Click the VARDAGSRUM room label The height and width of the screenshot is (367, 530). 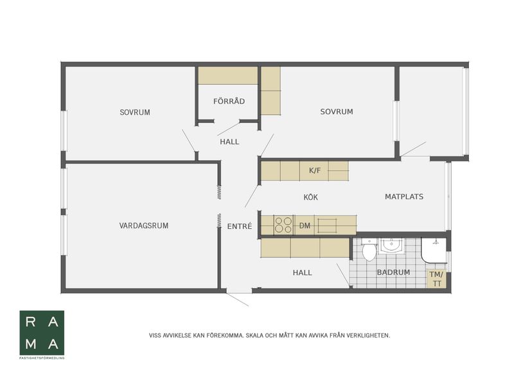[144, 226]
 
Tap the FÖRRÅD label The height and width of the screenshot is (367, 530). [229, 101]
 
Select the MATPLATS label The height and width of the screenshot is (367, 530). [404, 197]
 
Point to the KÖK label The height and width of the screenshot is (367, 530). [311, 197]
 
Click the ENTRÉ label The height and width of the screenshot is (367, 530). [240, 226]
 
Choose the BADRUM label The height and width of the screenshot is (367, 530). [393, 273]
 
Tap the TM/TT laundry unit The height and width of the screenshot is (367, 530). [436, 279]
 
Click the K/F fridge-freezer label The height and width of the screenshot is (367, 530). [315, 170]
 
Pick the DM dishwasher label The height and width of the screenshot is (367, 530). [305, 226]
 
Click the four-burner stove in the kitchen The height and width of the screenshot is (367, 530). [283, 225]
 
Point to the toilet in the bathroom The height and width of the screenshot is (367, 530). [369, 249]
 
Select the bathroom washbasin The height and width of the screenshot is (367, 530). [392, 246]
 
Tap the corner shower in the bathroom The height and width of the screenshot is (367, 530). [434, 250]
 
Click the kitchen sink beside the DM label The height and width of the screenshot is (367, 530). [327, 226]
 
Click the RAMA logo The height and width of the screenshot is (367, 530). [42, 333]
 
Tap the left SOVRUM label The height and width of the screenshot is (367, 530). [135, 112]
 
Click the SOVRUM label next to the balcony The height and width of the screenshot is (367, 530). [337, 112]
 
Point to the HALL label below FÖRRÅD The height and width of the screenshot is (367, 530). [229, 142]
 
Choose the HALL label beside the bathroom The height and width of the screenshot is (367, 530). [302, 273]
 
